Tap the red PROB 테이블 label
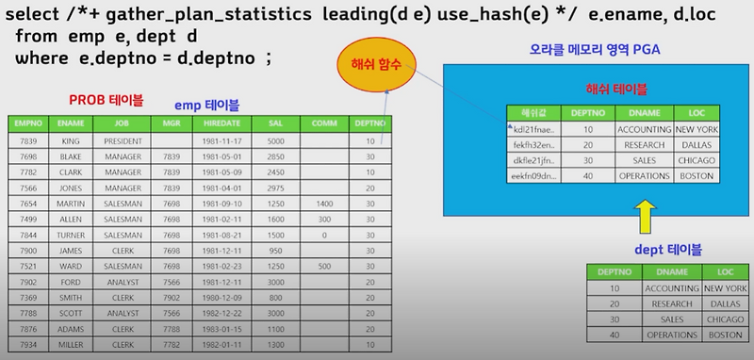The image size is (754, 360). (x=107, y=99)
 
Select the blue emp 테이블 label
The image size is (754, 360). (x=210, y=105)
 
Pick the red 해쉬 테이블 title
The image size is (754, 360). (x=616, y=90)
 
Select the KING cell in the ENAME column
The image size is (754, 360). (x=67, y=140)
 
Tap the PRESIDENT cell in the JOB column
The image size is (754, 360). (x=123, y=140)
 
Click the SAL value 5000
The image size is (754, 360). (x=275, y=140)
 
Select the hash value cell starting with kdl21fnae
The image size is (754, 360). (x=535, y=128)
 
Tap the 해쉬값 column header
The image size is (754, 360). (x=535, y=111)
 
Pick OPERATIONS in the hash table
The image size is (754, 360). (x=645, y=176)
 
